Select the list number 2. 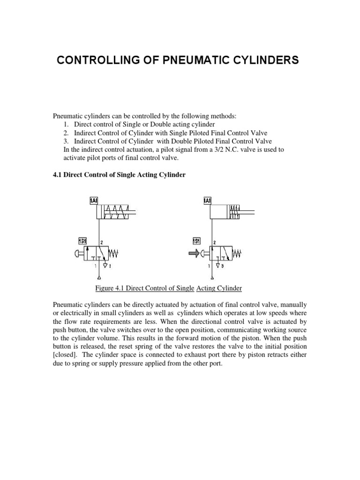click(x=65, y=133)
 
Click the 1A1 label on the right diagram click(x=207, y=201)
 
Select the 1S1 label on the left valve click(x=82, y=241)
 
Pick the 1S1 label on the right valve click(x=196, y=241)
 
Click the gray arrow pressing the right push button click(x=193, y=255)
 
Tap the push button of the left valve click(x=78, y=255)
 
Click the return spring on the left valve click(x=114, y=255)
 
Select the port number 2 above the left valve click(x=102, y=243)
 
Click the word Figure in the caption click(x=105, y=288)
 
